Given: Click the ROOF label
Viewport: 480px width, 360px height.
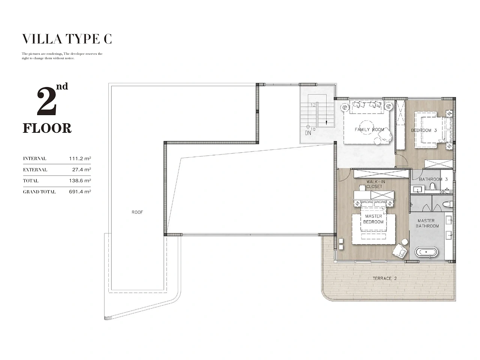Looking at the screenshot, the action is click(x=137, y=212).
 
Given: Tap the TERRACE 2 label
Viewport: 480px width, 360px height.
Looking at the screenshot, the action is click(x=385, y=279).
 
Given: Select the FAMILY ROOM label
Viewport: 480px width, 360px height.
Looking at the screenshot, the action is click(x=369, y=130).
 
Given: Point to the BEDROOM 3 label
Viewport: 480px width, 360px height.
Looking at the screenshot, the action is click(x=424, y=130).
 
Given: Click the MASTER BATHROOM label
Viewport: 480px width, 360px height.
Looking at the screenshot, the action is click(x=427, y=223).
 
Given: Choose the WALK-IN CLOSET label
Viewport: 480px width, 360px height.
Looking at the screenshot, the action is click(x=374, y=184).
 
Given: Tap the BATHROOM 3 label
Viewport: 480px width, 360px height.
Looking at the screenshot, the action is click(x=433, y=179).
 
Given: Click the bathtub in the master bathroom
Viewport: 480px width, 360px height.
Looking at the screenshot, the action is click(x=426, y=252).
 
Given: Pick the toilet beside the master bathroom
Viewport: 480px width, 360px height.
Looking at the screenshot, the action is click(x=448, y=204).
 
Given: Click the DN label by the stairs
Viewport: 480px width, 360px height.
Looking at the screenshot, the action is click(x=308, y=133).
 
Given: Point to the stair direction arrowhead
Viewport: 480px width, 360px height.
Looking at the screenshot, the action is click(x=327, y=123).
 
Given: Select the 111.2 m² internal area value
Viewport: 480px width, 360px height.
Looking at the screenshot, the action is click(x=80, y=159).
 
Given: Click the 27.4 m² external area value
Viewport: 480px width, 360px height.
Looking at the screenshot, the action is click(x=82, y=169).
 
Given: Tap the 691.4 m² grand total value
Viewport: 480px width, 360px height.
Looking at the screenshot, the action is click(x=80, y=192).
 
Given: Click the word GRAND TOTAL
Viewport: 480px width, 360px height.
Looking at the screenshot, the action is click(x=39, y=192).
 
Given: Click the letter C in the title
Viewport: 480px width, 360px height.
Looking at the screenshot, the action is click(x=108, y=39).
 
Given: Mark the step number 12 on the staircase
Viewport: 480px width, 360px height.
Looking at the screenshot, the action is click(x=313, y=105).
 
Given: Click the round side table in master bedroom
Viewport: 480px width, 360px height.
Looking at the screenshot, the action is click(x=405, y=241).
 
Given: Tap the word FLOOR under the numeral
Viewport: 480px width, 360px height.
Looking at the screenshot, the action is click(x=47, y=128).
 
